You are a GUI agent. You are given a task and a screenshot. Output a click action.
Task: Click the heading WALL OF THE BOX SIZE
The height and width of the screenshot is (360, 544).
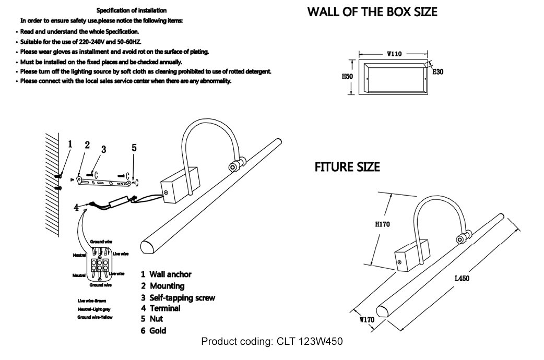coord(372,12)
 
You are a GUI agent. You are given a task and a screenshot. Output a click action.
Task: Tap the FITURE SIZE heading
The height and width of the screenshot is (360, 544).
coord(347,167)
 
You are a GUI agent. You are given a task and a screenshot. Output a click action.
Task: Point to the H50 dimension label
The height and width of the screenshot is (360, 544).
coord(348,76)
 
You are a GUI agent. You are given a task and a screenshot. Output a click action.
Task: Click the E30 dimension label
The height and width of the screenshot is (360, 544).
coord(437,72)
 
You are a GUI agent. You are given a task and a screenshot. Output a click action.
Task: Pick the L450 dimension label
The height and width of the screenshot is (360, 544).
coord(462,279)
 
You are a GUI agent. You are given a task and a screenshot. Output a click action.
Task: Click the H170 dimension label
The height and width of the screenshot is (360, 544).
coord(382,225)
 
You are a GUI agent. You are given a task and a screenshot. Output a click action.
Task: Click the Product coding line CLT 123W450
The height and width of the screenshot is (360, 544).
coord(271,342)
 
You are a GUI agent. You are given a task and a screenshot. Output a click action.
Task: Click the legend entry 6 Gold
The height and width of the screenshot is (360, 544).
coord(153,330)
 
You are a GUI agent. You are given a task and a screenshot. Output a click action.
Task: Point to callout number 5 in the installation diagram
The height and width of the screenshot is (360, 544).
coord(134,148)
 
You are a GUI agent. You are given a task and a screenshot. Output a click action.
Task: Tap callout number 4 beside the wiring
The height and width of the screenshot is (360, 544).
coord(76,208)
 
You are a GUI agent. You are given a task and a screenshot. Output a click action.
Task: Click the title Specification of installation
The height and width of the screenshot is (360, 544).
coord(132,10)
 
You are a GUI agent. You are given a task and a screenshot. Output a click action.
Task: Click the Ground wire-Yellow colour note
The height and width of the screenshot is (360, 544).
coord(94,317)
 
